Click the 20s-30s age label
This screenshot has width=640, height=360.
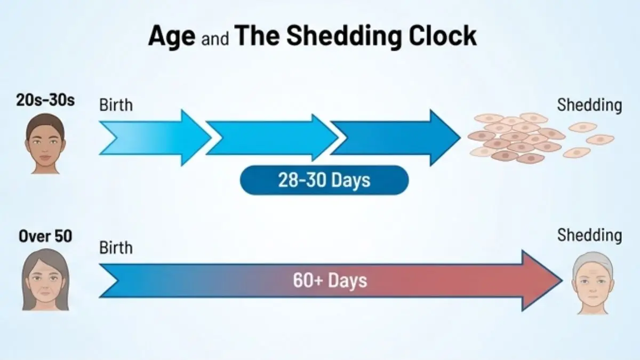[x=45, y=100]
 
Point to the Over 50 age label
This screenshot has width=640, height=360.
[x=45, y=235]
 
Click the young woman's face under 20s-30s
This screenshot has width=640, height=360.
[x=45, y=141]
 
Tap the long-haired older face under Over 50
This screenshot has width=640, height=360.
[x=45, y=280]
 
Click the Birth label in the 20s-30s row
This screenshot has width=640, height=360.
[x=116, y=105]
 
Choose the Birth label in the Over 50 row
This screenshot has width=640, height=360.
[x=116, y=247]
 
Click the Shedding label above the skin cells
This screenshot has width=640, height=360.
[x=589, y=105]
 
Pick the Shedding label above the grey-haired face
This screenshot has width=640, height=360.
[x=589, y=235]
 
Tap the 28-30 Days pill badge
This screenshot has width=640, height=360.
[x=324, y=180]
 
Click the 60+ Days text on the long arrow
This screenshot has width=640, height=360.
[x=330, y=280]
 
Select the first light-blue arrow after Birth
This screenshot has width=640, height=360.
[x=155, y=138]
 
